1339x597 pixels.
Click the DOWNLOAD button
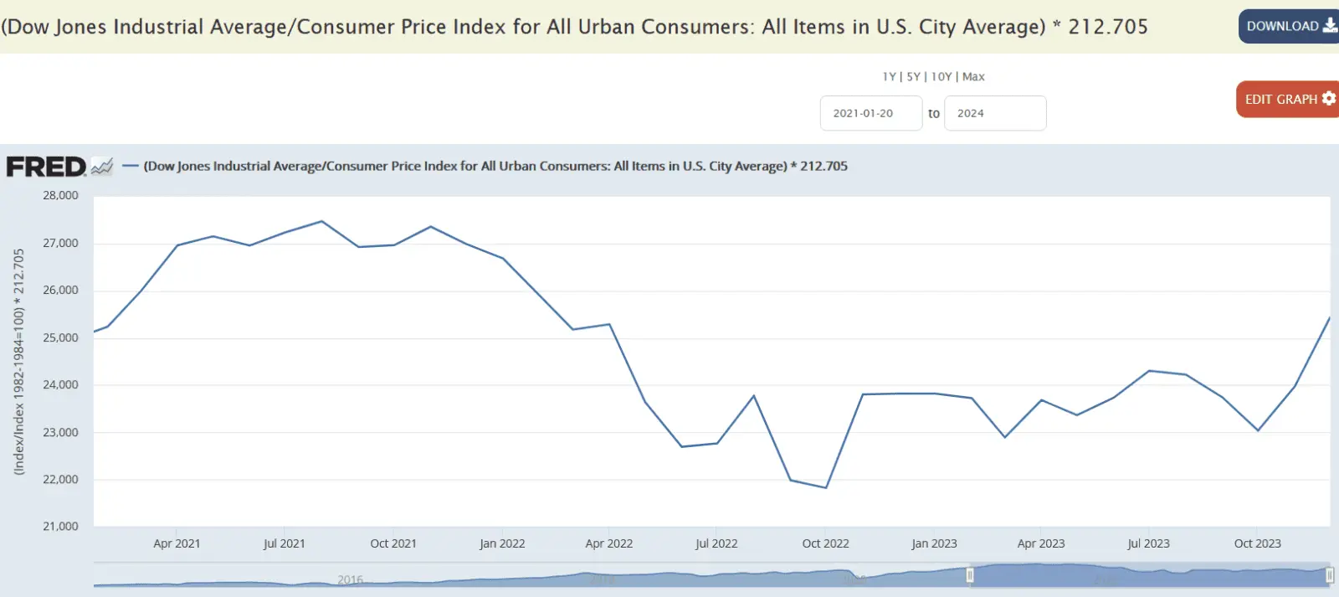click(x=1289, y=27)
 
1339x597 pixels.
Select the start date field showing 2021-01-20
click(x=870, y=113)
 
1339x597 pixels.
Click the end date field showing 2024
click(x=994, y=113)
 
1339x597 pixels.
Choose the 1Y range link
click(x=889, y=76)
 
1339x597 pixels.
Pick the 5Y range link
click(x=913, y=76)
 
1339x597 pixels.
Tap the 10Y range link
click(x=941, y=76)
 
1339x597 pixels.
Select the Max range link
click(x=973, y=76)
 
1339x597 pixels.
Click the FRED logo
click(x=47, y=167)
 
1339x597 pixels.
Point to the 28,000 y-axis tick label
click(x=60, y=195)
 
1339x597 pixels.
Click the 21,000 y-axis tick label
click(x=60, y=526)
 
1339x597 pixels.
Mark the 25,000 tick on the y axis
click(x=60, y=337)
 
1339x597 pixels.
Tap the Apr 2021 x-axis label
click(x=177, y=543)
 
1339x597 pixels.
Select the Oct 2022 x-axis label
click(x=825, y=543)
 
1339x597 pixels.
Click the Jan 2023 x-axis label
click(x=934, y=543)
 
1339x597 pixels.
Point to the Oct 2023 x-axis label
click(x=1257, y=543)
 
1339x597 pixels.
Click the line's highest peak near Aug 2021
click(x=322, y=221)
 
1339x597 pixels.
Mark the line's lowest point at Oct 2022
click(x=826, y=487)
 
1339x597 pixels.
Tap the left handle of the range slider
click(x=970, y=575)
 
